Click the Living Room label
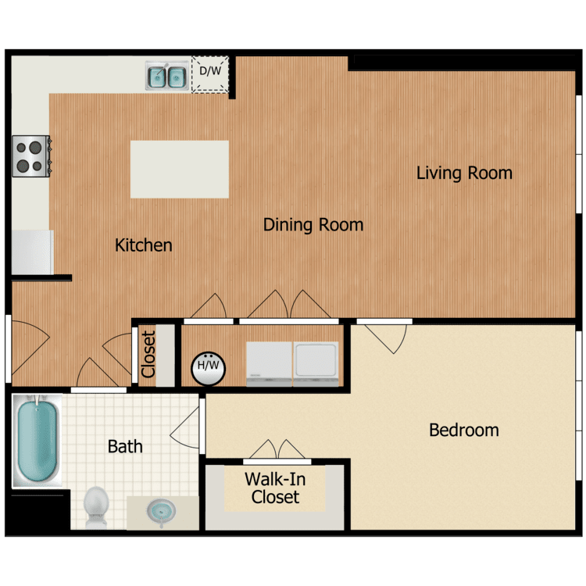[x=464, y=173]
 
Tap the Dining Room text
[x=313, y=225]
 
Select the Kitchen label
[x=144, y=245]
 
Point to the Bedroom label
[x=464, y=430]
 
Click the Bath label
[x=125, y=447]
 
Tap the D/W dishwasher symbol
[x=209, y=74]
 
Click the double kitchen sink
[x=166, y=76]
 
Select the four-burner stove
[x=30, y=155]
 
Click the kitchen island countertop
[x=179, y=169]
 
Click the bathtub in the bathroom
[x=37, y=441]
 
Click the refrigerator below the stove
[x=32, y=252]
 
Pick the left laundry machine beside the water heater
[x=268, y=363]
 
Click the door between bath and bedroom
[x=188, y=427]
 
